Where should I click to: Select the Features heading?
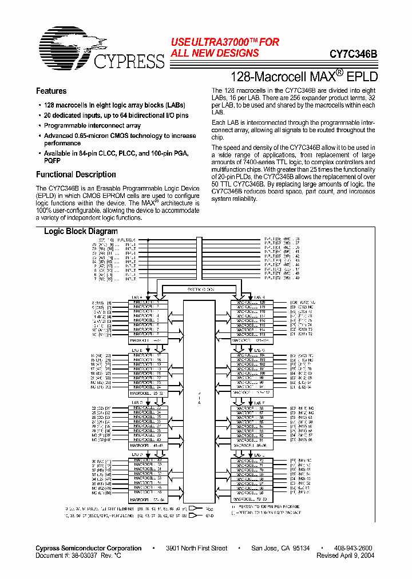pos(51,91)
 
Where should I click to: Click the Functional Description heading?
pos(76,175)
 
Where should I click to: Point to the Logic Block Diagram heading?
pos(81,232)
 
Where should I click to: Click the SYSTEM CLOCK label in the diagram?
pos(199,289)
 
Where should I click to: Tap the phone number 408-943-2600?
pos(353,548)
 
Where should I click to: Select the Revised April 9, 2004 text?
pos(346,556)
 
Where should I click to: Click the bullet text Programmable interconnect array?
pos(92,126)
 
